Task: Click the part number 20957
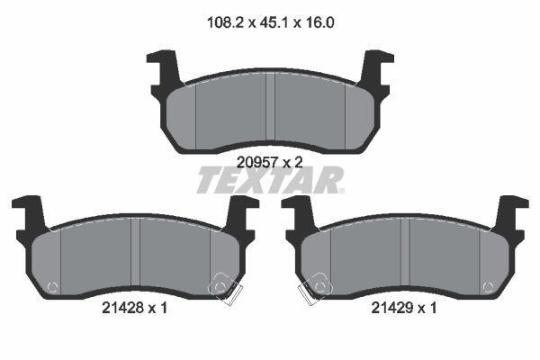[256, 163]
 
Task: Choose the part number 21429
[392, 308]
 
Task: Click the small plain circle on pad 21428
[50, 288]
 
